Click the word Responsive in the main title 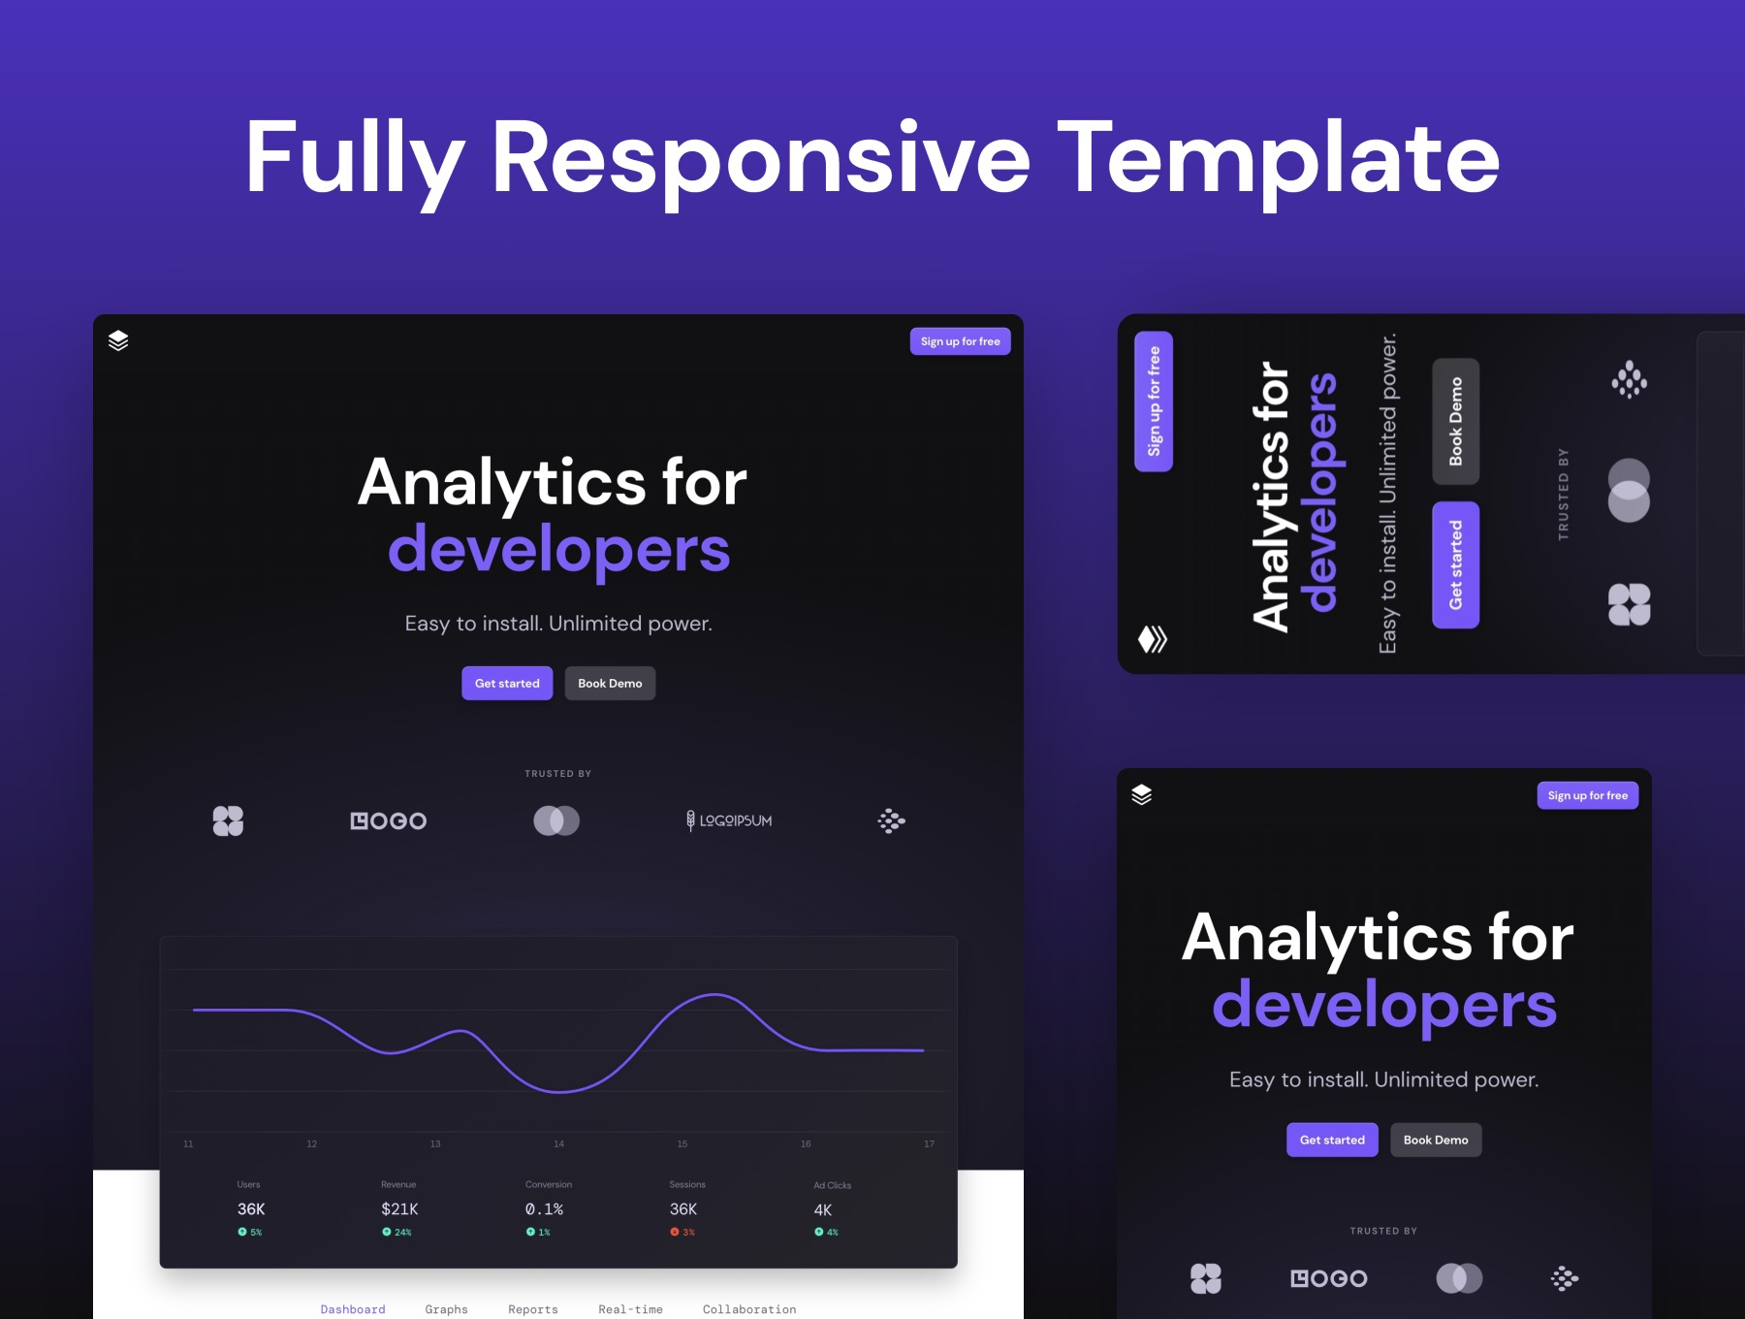click(x=761, y=158)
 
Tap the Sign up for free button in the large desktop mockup click(x=960, y=341)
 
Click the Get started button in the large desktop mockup click(x=507, y=683)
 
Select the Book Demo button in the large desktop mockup click(x=610, y=683)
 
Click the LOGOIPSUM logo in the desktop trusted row click(x=729, y=820)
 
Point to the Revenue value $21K click(x=399, y=1208)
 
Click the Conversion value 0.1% click(x=544, y=1208)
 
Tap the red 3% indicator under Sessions click(x=682, y=1232)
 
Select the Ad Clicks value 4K click(x=822, y=1209)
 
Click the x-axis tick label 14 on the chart click(x=558, y=1144)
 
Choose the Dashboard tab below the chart click(x=353, y=1309)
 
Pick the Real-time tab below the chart click(x=630, y=1309)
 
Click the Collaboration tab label click(x=749, y=1309)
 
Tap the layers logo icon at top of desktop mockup click(x=118, y=340)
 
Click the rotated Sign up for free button click(x=1154, y=402)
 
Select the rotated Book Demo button click(x=1455, y=421)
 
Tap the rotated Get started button click(x=1455, y=564)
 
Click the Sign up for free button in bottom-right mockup click(x=1587, y=795)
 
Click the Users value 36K click(x=251, y=1208)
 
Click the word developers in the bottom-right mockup click(x=1383, y=1005)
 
